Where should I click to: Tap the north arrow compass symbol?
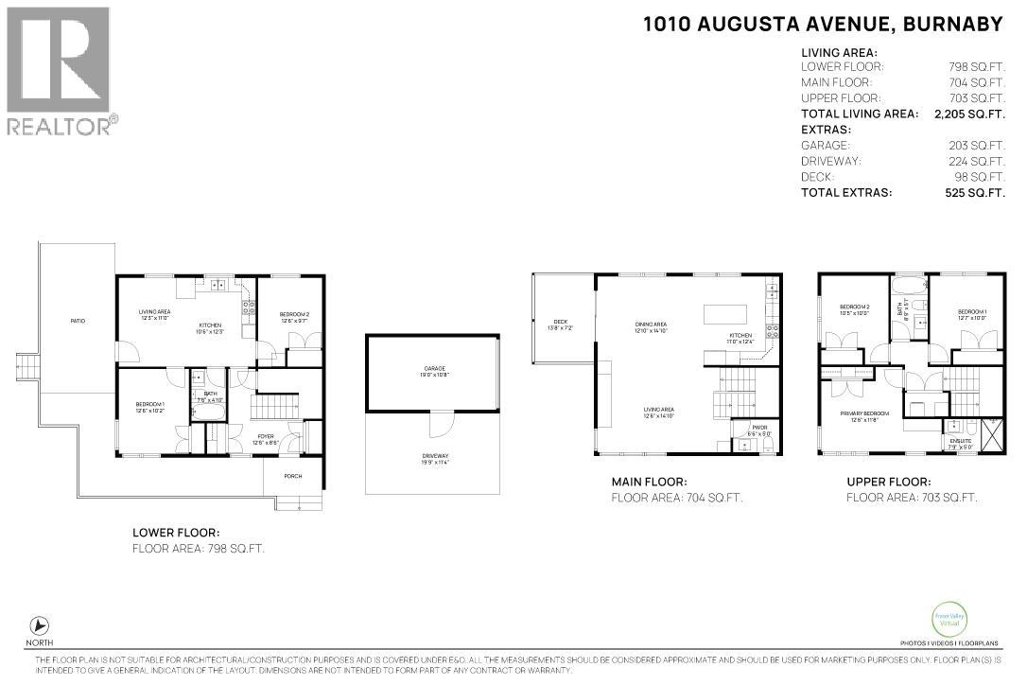pos(40,625)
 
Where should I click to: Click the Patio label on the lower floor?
pos(78,322)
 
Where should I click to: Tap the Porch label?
pos(293,476)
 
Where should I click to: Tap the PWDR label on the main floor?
pos(760,428)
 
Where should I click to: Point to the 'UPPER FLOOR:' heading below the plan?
pos(888,482)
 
